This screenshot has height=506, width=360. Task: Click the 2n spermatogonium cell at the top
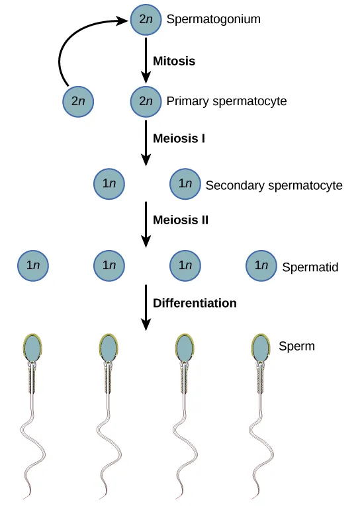pyautogui.click(x=146, y=19)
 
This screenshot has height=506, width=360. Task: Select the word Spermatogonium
pyautogui.click(x=213, y=19)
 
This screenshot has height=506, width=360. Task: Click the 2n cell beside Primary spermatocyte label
pyautogui.click(x=146, y=101)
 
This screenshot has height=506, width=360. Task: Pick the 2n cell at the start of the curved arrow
pyautogui.click(x=78, y=101)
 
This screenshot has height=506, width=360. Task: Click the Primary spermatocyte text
pyautogui.click(x=226, y=101)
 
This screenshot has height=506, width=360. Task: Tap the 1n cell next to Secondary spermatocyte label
pyautogui.click(x=185, y=185)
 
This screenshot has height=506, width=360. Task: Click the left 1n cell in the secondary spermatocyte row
pyautogui.click(x=109, y=185)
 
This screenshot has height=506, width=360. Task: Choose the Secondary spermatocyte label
pyautogui.click(x=274, y=185)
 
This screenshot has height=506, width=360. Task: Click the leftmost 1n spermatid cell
pyautogui.click(x=33, y=265)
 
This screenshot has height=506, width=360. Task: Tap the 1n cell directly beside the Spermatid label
pyautogui.click(x=261, y=265)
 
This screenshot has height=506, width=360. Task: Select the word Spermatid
pyautogui.click(x=310, y=267)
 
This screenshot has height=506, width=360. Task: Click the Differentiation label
pyautogui.click(x=195, y=303)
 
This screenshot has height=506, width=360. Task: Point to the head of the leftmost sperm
pyautogui.click(x=32, y=347)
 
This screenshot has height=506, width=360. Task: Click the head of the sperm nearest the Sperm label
pyautogui.click(x=261, y=347)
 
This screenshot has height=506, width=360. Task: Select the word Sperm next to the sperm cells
pyautogui.click(x=296, y=345)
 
